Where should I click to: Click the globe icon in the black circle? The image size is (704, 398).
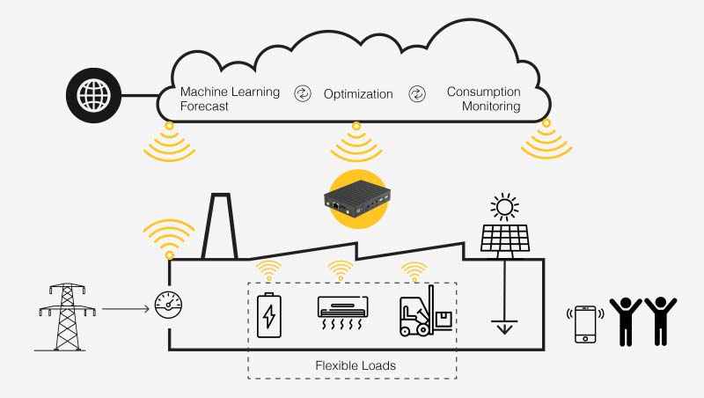93,94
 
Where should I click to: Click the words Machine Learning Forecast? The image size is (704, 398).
230,99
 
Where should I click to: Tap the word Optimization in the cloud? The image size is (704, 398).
358,94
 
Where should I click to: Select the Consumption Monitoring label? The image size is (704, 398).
484,99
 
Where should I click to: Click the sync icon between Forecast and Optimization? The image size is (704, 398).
302,93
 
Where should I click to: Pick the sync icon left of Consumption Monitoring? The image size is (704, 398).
416,93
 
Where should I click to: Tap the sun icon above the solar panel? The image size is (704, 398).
504,208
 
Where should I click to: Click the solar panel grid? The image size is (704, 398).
505,238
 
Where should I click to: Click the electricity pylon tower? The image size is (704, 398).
67,317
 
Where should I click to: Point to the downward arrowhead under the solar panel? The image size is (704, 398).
504,330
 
